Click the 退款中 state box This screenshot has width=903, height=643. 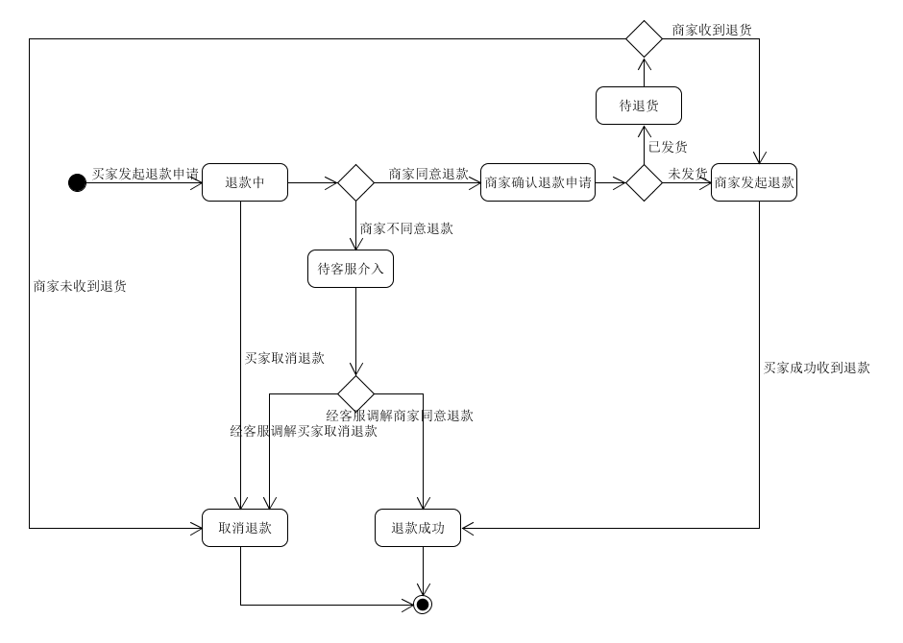coord(245,182)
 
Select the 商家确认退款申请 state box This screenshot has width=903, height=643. coord(538,182)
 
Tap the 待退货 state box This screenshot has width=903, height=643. coord(639,106)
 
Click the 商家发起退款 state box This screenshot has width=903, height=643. coord(754,182)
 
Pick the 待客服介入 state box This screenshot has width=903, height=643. coord(351,269)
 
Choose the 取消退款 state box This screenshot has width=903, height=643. coord(245,528)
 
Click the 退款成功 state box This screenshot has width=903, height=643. coord(418,528)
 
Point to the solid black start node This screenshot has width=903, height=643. coord(77,183)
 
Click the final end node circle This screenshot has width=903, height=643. coord(423,605)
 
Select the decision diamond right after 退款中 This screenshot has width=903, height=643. coord(355,183)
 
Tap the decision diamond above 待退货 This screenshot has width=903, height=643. coord(644,39)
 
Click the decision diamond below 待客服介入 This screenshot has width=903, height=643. coord(355,394)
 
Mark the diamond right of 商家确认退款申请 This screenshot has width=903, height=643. coord(644,183)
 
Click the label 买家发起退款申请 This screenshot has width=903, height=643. coord(145,174)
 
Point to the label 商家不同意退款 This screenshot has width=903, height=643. coord(406,229)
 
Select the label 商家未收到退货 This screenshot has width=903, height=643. coord(80,286)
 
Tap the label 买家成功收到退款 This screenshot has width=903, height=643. coord(817,369)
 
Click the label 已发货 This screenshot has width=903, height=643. coord(668,147)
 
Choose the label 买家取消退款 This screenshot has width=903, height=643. coord(285,358)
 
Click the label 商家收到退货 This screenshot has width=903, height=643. coord(712,30)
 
